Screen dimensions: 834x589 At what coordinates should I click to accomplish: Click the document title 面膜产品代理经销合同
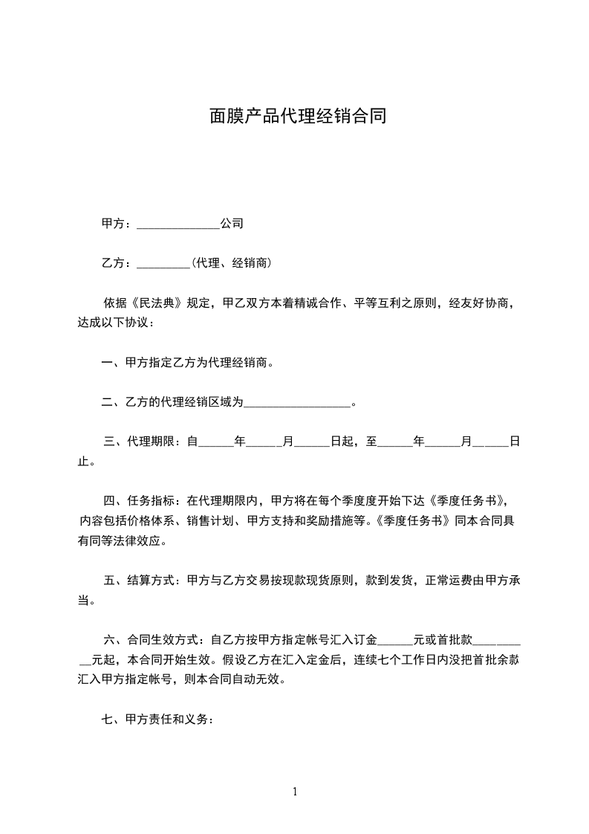pos(297,117)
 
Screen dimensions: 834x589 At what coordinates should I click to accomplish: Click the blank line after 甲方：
pos(178,224)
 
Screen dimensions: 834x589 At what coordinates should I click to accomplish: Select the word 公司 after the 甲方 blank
pos(232,224)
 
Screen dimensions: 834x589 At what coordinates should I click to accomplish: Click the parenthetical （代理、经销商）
pos(230,263)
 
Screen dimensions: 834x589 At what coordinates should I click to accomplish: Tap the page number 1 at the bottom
pos(295,792)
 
